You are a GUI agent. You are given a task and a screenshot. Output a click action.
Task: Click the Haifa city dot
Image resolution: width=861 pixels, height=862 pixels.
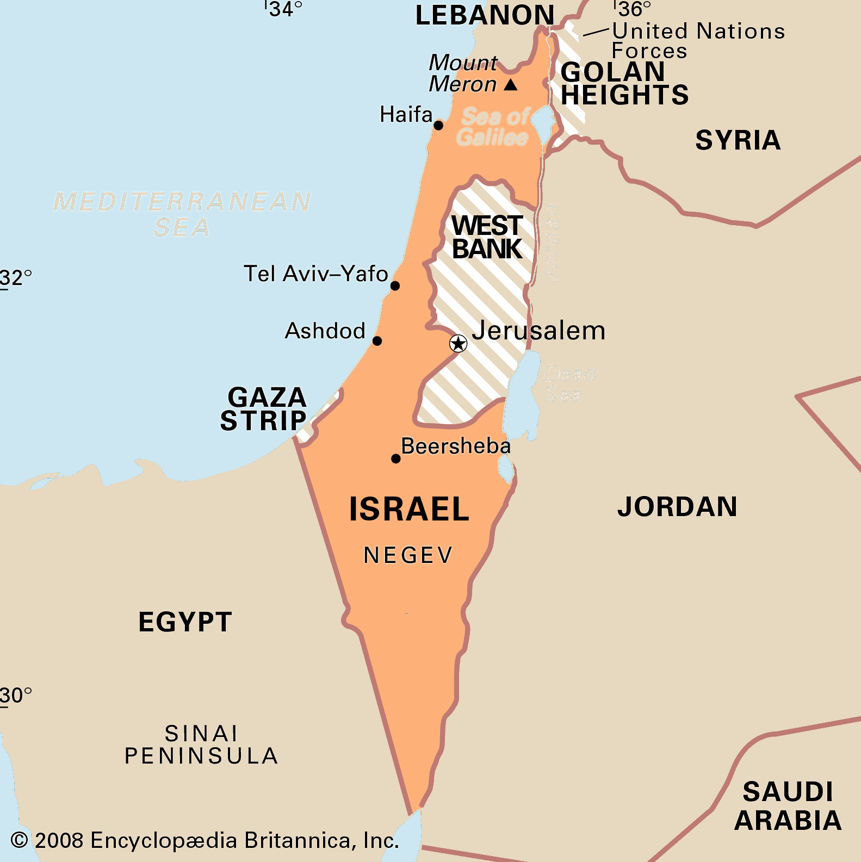click(x=438, y=126)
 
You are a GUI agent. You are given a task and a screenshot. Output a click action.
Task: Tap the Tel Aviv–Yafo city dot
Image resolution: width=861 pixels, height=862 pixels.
click(x=395, y=286)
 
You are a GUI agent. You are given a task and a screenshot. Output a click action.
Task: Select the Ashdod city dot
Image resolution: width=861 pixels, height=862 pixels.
click(x=377, y=341)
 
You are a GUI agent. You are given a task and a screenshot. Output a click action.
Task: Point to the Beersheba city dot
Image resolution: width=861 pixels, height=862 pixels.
click(x=396, y=458)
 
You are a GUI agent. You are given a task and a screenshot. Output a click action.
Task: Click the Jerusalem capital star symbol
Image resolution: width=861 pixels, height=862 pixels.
click(x=458, y=343)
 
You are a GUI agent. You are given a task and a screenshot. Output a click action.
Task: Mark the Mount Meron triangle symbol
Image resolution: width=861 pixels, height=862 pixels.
click(x=511, y=85)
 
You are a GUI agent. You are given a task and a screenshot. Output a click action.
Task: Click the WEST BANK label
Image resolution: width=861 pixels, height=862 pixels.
click(x=487, y=237)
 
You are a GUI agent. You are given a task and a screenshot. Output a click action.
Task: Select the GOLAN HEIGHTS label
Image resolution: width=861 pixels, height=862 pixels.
click(x=624, y=84)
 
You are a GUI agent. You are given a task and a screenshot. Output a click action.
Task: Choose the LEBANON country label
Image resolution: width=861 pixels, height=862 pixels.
click(x=485, y=15)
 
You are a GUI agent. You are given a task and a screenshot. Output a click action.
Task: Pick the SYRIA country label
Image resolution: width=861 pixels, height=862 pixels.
click(x=738, y=140)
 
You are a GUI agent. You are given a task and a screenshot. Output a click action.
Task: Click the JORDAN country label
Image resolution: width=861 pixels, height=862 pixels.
click(x=677, y=507)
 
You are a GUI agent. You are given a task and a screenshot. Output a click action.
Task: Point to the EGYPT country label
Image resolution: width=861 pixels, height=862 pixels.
click(x=185, y=622)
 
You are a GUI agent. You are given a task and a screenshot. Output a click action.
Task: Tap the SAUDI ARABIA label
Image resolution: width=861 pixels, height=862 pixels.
click(x=788, y=806)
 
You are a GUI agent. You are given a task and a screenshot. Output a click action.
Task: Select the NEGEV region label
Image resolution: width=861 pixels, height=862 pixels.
click(x=408, y=555)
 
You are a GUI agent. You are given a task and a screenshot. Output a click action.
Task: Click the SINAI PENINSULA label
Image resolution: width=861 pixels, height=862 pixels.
click(x=201, y=745)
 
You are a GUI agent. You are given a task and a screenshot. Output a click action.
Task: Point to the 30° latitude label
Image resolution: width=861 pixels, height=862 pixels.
click(x=16, y=696)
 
